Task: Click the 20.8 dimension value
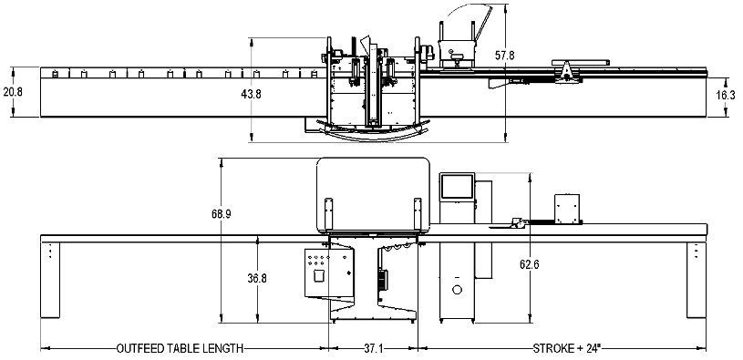coord(12,92)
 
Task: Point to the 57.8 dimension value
coord(505,56)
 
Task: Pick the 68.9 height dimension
coord(222,214)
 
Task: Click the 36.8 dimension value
coord(257,279)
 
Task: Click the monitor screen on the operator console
coord(457,187)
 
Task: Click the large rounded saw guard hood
coord(373,193)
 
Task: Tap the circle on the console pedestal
coord(458,289)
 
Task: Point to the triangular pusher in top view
coord(568,69)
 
